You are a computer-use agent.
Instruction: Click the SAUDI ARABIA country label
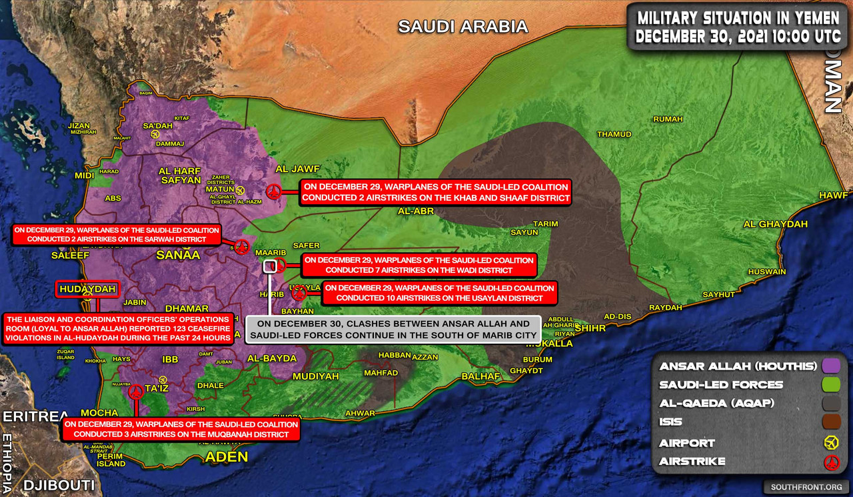point(462,27)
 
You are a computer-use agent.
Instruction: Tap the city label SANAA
point(178,255)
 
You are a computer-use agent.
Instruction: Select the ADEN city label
point(226,457)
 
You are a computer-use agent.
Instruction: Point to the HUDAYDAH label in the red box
point(88,289)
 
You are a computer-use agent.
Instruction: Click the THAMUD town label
point(614,134)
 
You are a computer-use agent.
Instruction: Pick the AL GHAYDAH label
point(775,224)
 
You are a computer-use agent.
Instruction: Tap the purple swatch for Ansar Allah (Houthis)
point(830,366)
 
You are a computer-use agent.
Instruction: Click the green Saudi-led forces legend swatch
point(830,385)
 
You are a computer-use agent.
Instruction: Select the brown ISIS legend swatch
point(830,422)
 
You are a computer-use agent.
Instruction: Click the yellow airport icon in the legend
point(830,442)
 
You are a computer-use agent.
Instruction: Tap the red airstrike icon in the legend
point(830,462)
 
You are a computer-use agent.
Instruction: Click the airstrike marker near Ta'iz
point(136,392)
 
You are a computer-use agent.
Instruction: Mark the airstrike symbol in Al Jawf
point(273,192)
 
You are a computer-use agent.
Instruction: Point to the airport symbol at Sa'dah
point(155,134)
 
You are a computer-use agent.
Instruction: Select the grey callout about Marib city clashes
point(393,330)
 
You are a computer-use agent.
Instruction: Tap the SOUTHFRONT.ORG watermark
point(804,487)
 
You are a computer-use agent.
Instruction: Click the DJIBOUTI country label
point(59,485)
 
